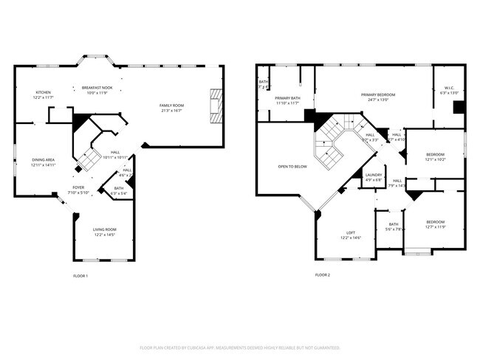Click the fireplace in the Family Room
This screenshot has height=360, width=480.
pos(215,105)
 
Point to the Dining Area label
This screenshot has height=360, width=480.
pos(43,162)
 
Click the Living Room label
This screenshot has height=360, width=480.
pos(104,232)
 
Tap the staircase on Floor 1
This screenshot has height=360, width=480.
pos(89,158)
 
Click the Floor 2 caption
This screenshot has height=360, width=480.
pos(323,275)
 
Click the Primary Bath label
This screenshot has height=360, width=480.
pos(287,100)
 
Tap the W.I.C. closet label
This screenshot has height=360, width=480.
pos(449,91)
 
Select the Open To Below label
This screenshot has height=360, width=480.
pos(292,167)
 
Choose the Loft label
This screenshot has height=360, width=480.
pos(350,235)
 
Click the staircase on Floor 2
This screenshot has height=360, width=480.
pos(331,142)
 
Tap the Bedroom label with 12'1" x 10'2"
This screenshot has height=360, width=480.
pos(435,156)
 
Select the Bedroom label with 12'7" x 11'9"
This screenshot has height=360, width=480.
pos(435,224)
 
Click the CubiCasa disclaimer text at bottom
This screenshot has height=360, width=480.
pos(239,347)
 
